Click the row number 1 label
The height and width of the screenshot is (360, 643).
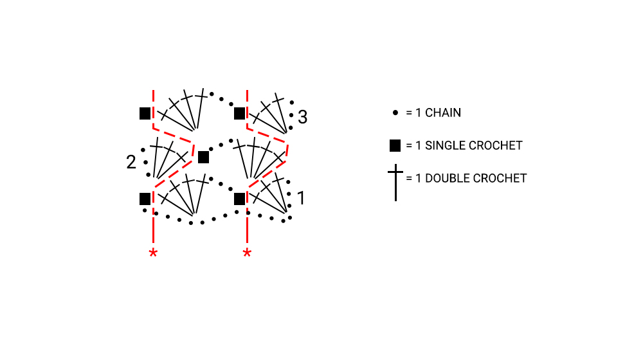point(302,198)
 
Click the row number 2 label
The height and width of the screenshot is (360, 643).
point(131,162)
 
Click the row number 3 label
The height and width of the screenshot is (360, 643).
point(303,117)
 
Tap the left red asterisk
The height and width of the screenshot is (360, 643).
point(153,253)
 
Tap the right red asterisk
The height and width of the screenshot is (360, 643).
point(247,253)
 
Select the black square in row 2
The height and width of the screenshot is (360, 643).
point(203,157)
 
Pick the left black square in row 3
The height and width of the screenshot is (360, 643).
point(145,114)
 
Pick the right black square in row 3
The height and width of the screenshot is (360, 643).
point(239,114)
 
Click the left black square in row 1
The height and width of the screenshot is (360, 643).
point(145,199)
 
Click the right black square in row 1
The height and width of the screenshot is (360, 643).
point(239,199)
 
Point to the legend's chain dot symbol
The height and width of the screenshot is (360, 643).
point(395,113)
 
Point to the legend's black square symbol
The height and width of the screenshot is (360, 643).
point(395,145)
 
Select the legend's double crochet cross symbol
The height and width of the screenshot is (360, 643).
point(395,183)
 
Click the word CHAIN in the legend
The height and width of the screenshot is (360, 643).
point(443,113)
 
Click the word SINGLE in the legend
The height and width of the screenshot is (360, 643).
point(445,145)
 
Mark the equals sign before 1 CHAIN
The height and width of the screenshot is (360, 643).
point(409,113)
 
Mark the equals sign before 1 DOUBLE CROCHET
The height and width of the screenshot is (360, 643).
point(409,178)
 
